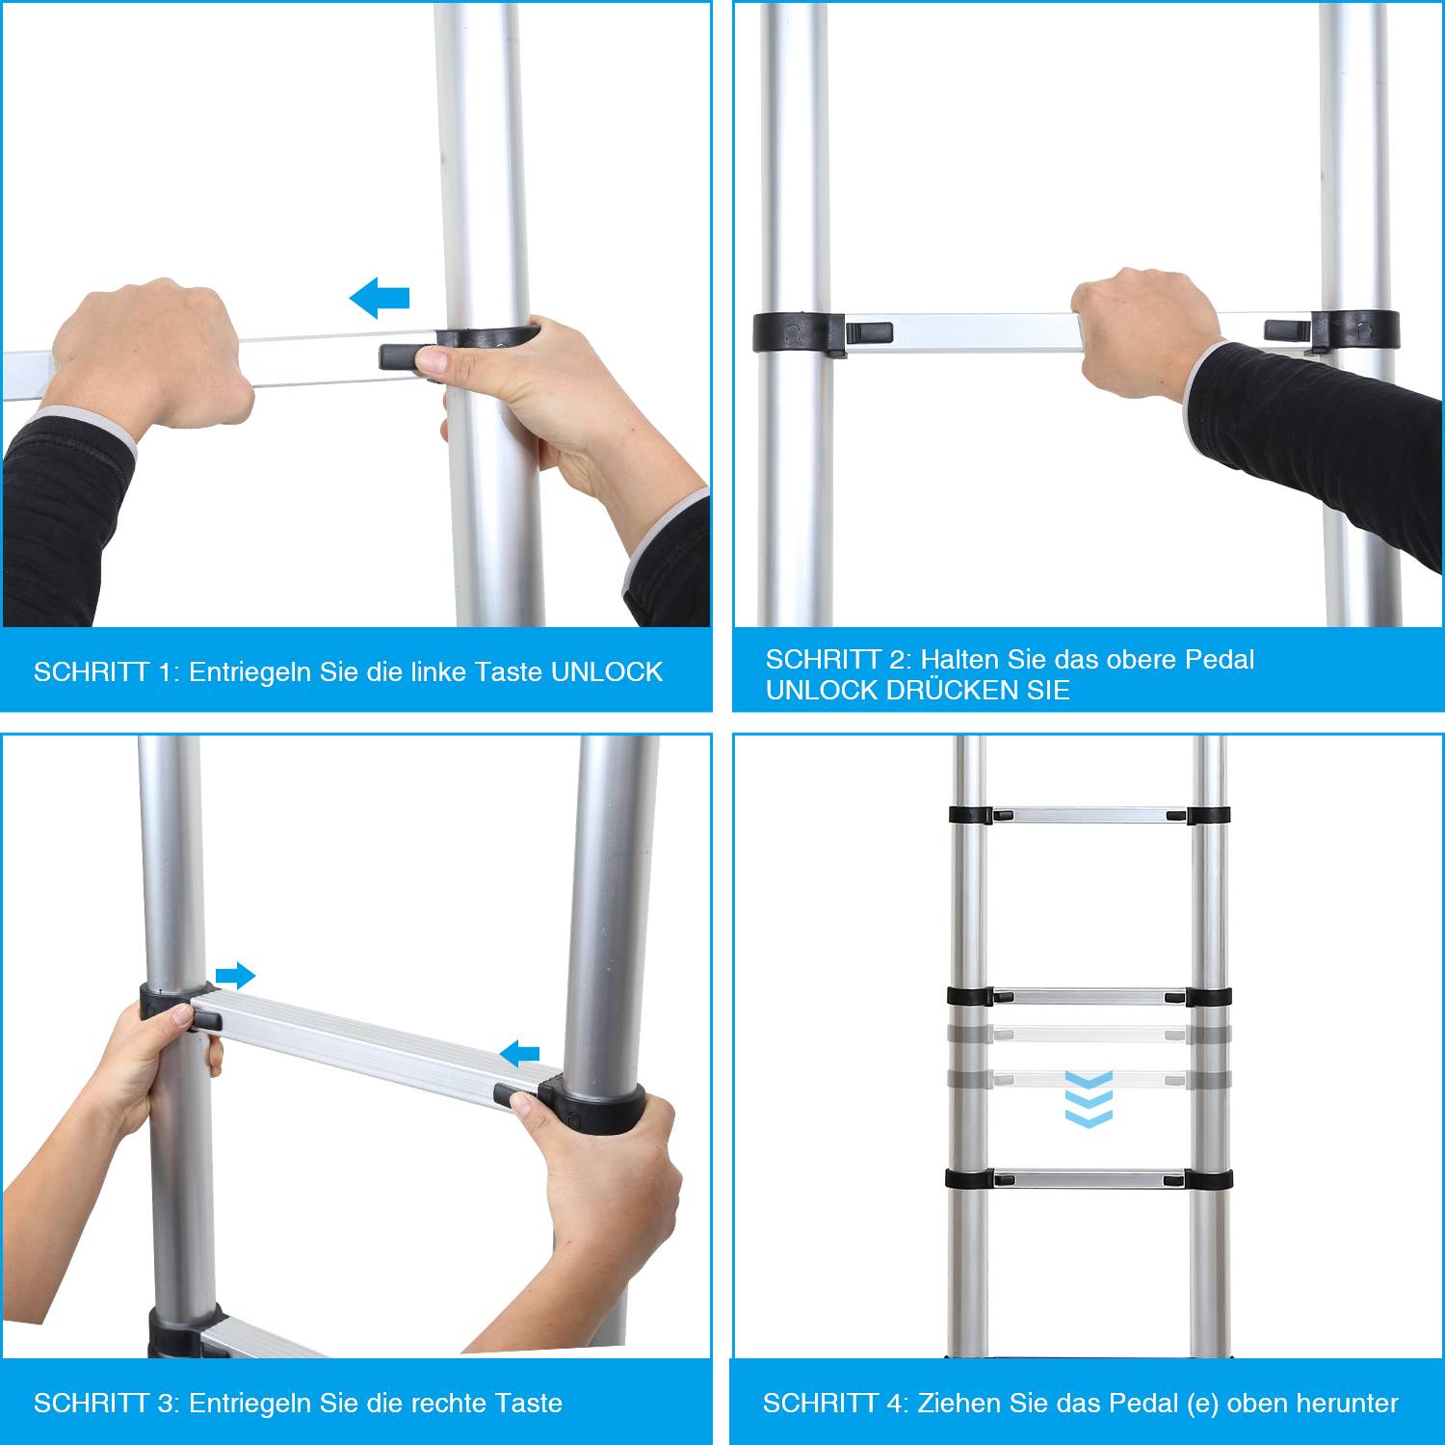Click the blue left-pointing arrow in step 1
tap(380, 299)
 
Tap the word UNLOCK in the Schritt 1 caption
tap(606, 671)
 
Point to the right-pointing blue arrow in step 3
tap(235, 976)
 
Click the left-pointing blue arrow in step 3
tap(520, 1053)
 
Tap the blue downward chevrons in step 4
tap(1089, 1099)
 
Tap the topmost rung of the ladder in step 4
tap(1089, 816)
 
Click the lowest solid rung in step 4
tap(1089, 1178)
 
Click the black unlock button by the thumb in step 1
tap(399, 357)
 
